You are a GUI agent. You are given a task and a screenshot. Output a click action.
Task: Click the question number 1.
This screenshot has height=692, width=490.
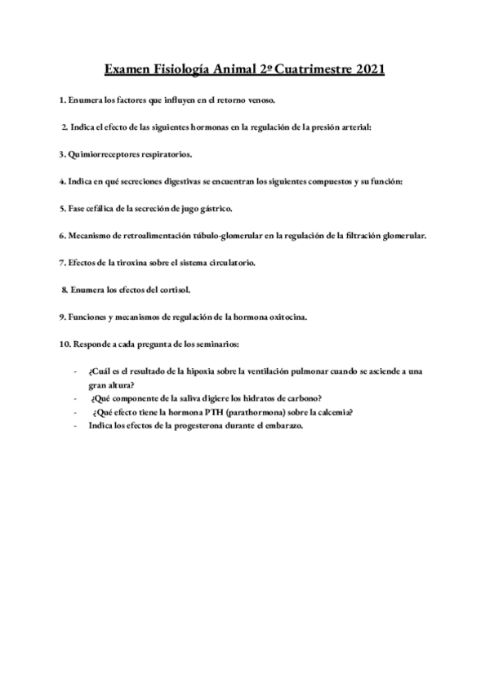coord(61,100)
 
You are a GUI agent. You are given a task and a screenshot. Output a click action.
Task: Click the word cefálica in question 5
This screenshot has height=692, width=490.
coord(101,208)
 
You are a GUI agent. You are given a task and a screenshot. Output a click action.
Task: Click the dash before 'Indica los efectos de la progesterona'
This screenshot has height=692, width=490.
coord(76,426)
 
